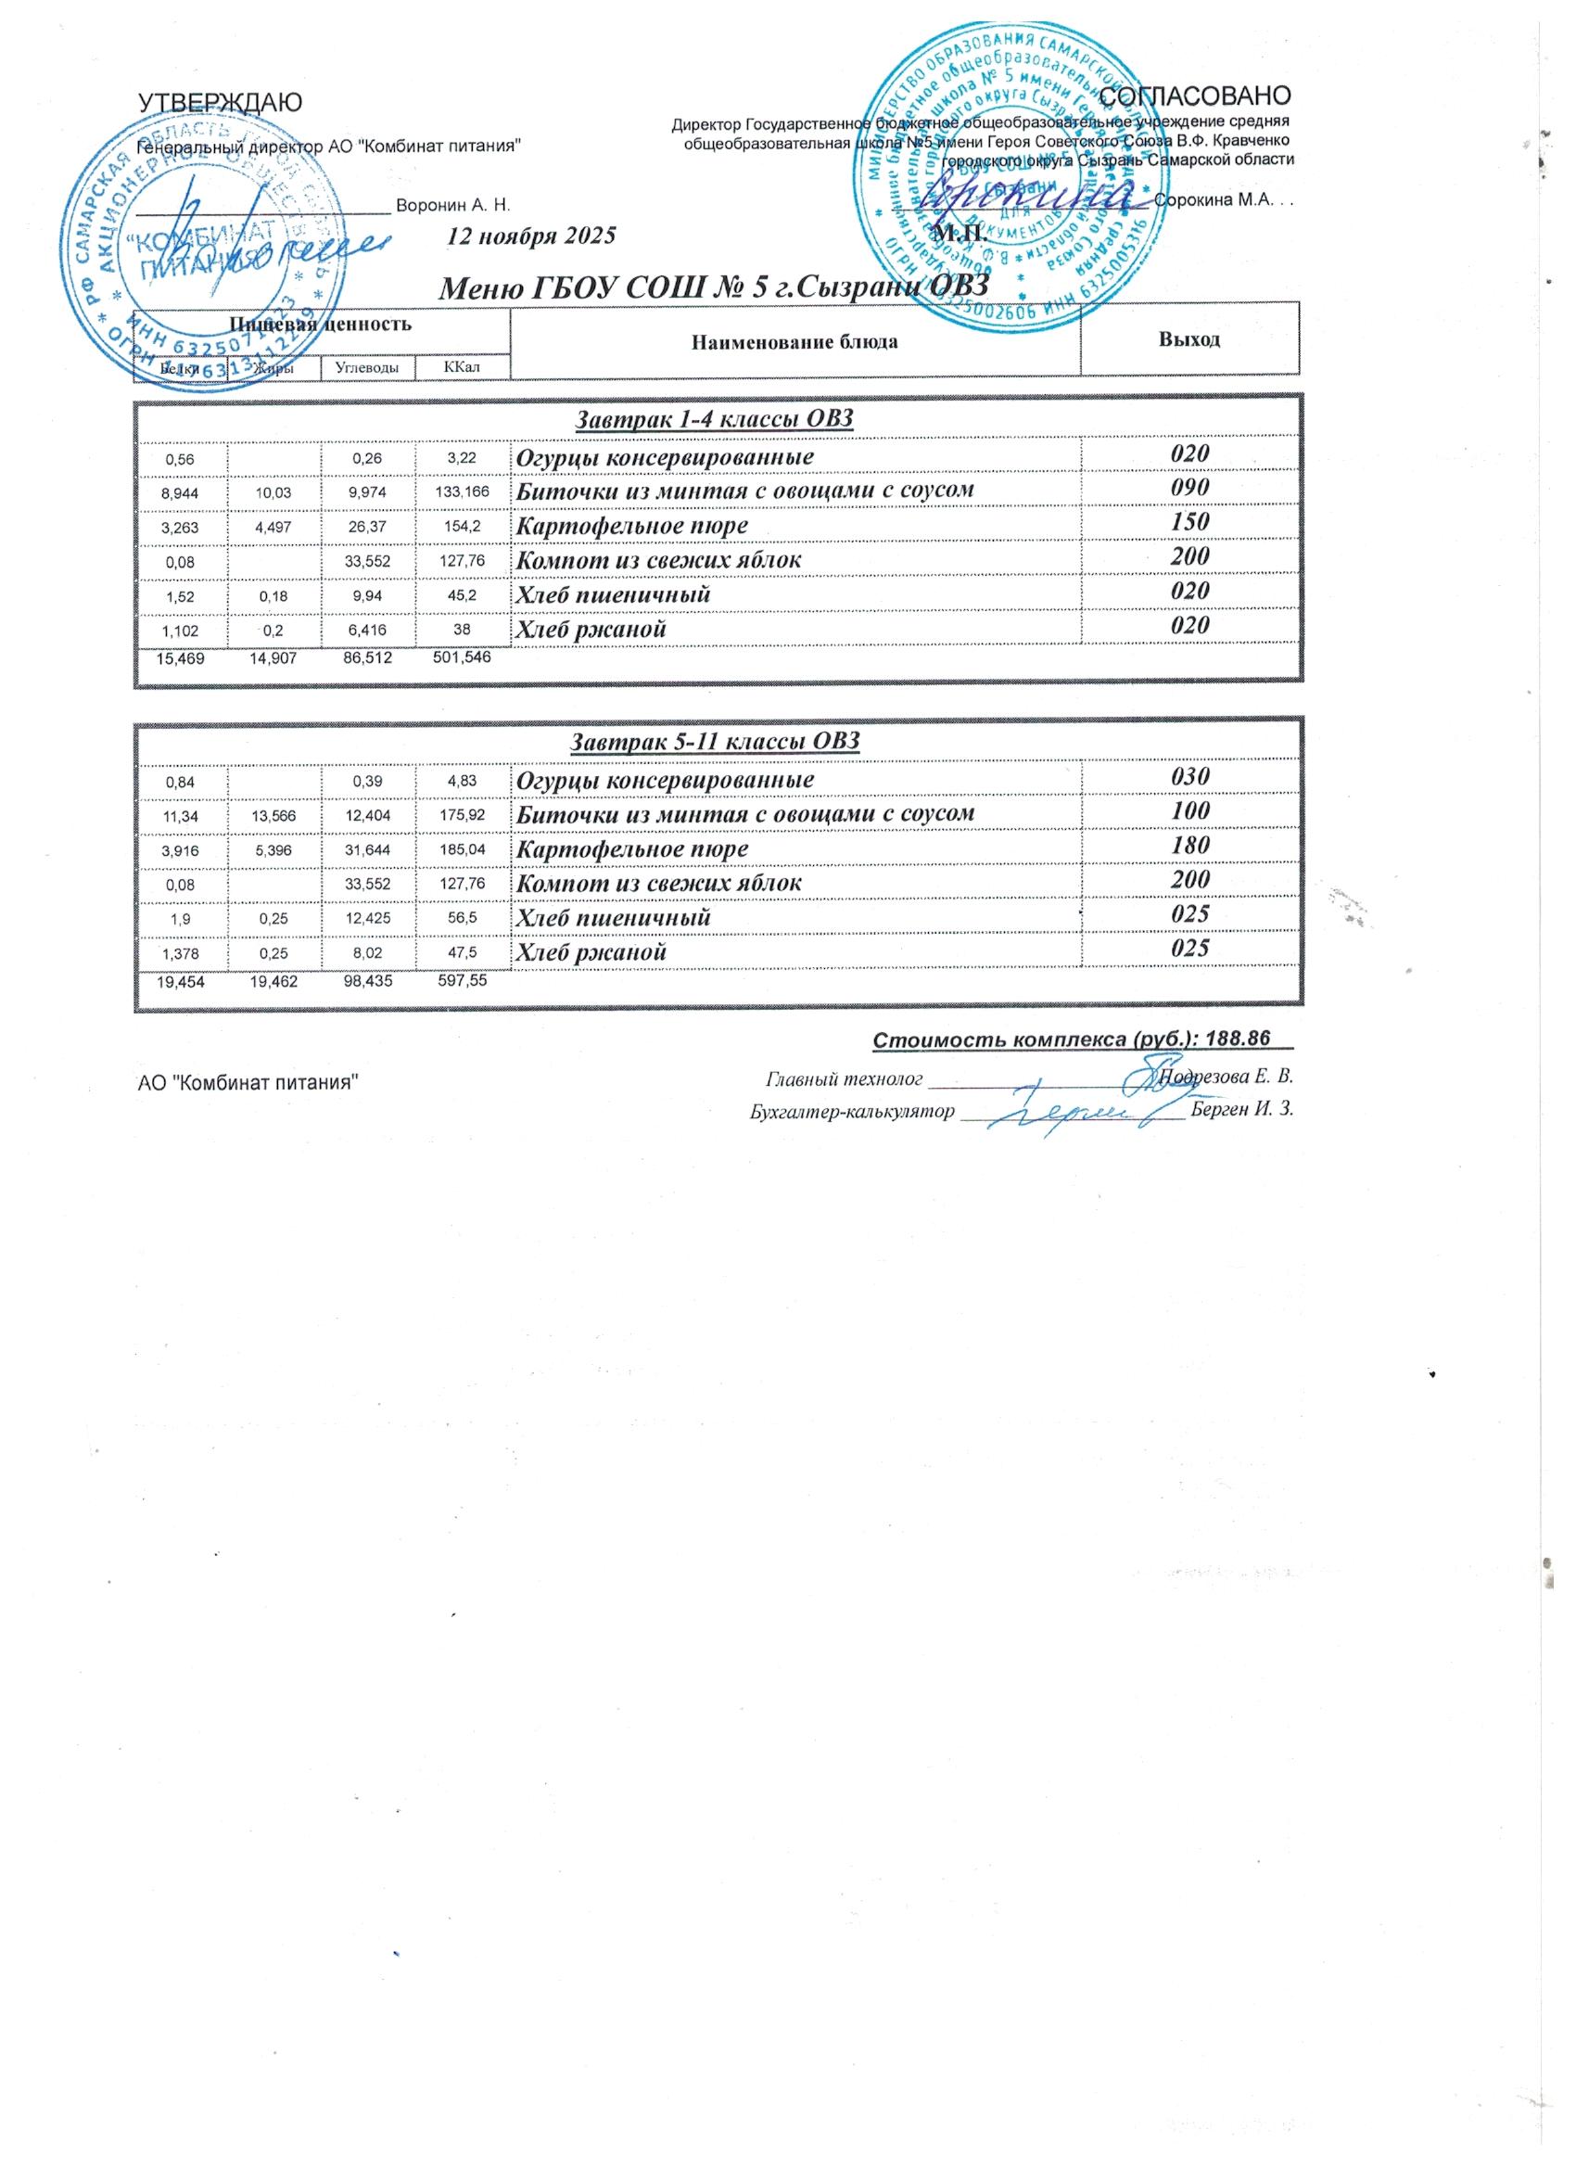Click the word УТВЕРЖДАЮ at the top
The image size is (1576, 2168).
coord(221,102)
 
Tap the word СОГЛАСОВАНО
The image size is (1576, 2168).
coord(1196,96)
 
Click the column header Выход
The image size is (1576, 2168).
coord(1188,339)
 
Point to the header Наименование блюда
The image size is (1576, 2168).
coord(794,341)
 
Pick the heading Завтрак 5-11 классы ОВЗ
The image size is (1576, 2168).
coord(715,742)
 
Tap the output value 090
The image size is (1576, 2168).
coord(1191,488)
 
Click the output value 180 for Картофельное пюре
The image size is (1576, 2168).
coord(1191,845)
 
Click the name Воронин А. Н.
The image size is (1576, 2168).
coord(453,206)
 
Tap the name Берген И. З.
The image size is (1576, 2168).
coord(1243,1111)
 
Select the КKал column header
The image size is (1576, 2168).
coord(463,367)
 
